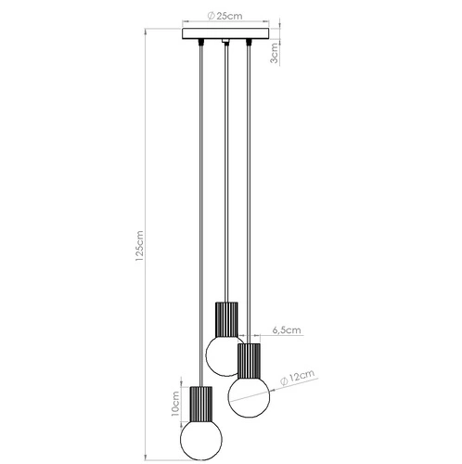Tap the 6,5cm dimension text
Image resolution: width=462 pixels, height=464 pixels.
(x=287, y=329)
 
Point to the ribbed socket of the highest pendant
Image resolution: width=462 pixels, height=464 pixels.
(x=226, y=318)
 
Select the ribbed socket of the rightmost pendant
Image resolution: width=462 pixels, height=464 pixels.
(x=250, y=359)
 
